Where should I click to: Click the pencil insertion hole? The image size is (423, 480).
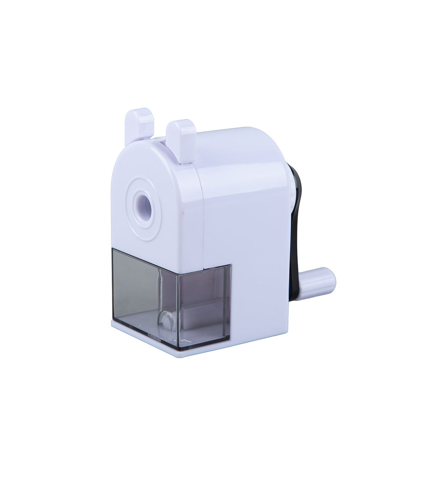point(146,205)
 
